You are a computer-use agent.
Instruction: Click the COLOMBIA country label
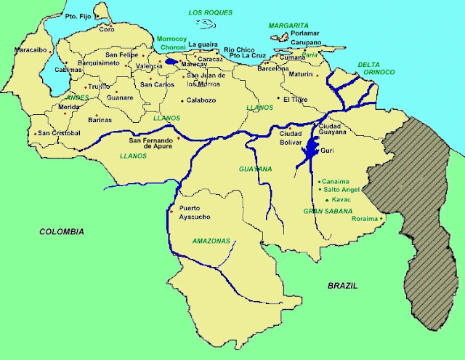(61, 231)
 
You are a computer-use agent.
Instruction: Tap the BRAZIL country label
(342, 286)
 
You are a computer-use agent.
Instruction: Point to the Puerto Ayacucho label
(195, 213)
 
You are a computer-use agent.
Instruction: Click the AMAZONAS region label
(211, 241)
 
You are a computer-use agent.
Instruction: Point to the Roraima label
(365, 218)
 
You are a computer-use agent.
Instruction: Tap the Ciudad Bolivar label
(290, 138)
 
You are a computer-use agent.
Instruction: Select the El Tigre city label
(296, 99)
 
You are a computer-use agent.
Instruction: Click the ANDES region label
(76, 97)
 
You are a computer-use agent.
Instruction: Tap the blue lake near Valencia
(171, 62)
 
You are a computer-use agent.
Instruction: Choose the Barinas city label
(100, 119)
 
